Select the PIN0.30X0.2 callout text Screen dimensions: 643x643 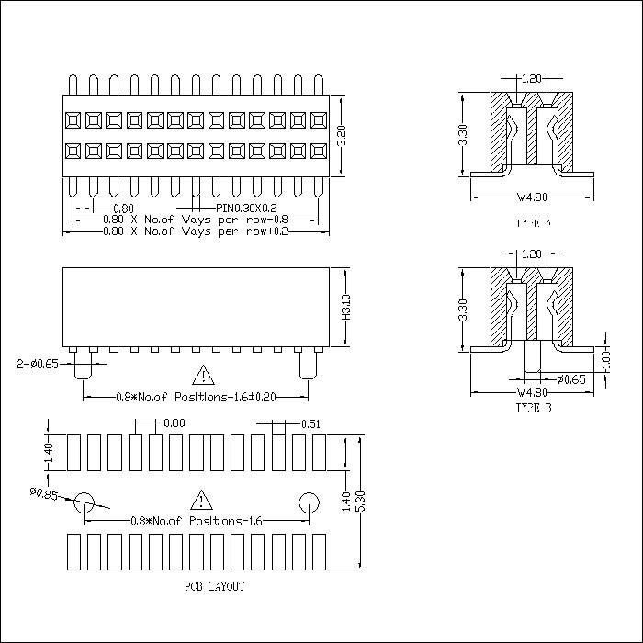click(x=234, y=209)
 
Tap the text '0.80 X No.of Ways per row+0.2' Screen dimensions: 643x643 click(x=195, y=231)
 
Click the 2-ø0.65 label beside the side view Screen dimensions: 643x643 click(x=38, y=364)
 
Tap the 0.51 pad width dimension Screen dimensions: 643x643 click(x=310, y=423)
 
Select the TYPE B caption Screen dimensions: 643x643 click(x=534, y=405)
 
